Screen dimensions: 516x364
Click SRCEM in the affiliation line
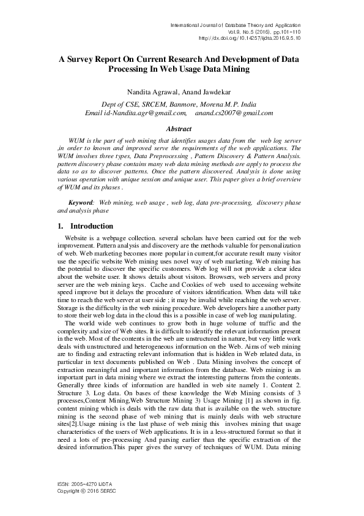click(157, 104)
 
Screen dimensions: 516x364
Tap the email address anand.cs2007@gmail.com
click(234, 113)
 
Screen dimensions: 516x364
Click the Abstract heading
click(179, 129)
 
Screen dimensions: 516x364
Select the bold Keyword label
click(81, 202)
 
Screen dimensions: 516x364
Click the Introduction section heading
click(92, 226)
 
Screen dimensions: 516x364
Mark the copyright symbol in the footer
click(85, 491)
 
